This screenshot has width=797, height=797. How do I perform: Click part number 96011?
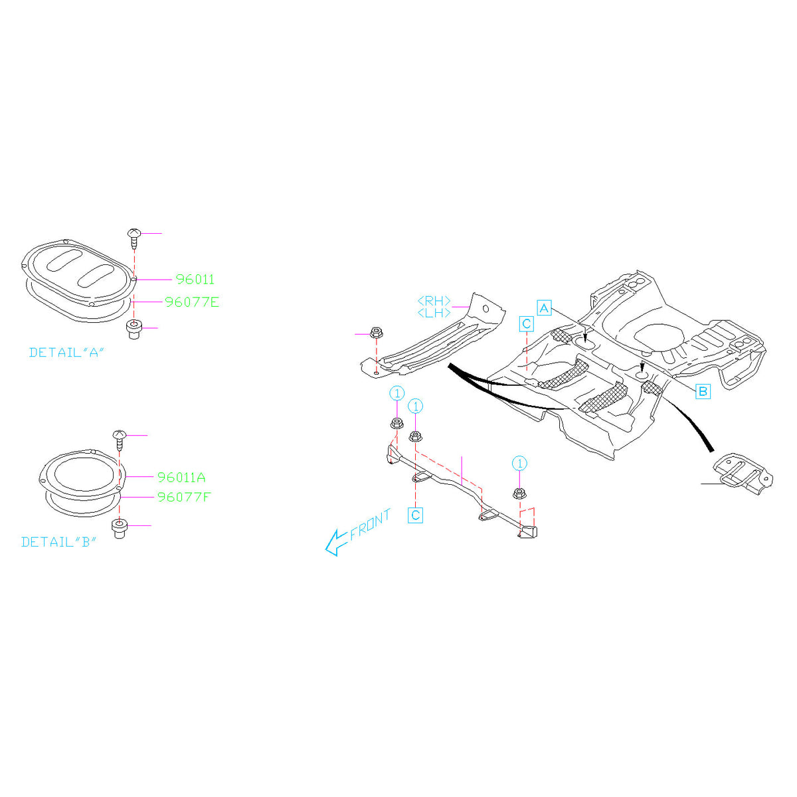click(x=195, y=280)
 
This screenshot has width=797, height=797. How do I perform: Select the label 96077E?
click(x=192, y=302)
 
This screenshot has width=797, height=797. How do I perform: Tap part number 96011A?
click(x=181, y=478)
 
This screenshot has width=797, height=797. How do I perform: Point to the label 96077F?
click(x=183, y=497)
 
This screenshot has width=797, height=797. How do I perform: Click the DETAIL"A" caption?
click(x=67, y=353)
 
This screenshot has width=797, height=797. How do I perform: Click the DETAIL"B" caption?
click(x=59, y=542)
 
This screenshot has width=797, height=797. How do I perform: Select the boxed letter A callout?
click(x=544, y=308)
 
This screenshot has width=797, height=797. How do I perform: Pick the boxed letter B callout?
click(x=703, y=392)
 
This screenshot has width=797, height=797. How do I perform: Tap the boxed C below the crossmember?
click(x=415, y=515)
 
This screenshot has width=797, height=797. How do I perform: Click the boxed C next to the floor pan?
click(x=526, y=324)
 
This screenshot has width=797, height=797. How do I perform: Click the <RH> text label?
click(x=434, y=301)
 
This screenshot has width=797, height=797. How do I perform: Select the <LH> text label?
click(x=434, y=313)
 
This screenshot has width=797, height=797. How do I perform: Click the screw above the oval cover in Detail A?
click(x=134, y=236)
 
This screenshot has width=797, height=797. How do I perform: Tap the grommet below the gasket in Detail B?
click(x=120, y=529)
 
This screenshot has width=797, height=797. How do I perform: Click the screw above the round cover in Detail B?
click(x=119, y=438)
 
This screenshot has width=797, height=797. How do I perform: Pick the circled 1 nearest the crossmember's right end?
click(x=519, y=463)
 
